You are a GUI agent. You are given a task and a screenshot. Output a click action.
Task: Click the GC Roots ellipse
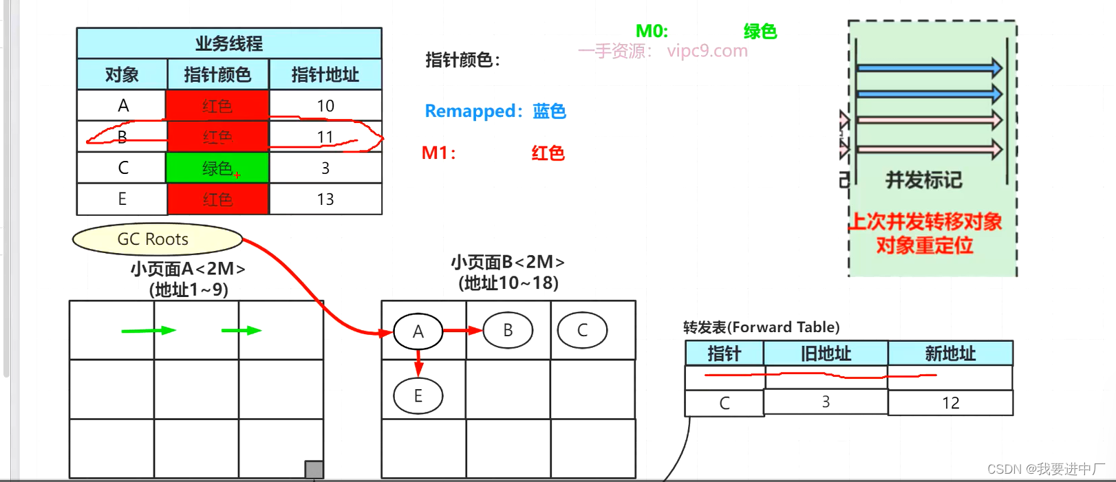pyautogui.click(x=157, y=239)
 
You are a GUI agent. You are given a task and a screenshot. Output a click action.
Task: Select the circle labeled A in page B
pyautogui.click(x=418, y=331)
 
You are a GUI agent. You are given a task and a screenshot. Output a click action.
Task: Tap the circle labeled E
pyautogui.click(x=418, y=396)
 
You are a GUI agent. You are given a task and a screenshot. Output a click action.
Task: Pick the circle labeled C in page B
pyautogui.click(x=582, y=331)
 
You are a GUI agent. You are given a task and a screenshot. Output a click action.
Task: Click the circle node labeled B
pyautogui.click(x=508, y=331)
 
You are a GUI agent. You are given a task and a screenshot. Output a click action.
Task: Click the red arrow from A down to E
pyautogui.click(x=418, y=362)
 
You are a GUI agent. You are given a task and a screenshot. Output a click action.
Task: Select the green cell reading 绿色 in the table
pyautogui.click(x=217, y=168)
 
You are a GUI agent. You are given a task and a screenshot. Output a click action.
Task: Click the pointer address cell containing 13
pyautogui.click(x=325, y=199)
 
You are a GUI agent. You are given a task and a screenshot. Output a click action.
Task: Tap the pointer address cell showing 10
pyautogui.click(x=325, y=106)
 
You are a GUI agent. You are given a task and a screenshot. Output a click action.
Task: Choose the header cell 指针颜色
pyautogui.click(x=217, y=74)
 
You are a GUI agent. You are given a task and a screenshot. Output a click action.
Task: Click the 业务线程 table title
pyautogui.click(x=229, y=43)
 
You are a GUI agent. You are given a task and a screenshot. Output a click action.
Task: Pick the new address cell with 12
pyautogui.click(x=950, y=403)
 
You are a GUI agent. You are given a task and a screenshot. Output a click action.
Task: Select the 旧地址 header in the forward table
pyautogui.click(x=826, y=353)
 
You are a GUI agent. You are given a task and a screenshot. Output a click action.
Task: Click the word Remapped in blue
pyautogui.click(x=469, y=111)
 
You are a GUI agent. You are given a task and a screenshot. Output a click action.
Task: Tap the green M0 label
pyautogui.click(x=652, y=31)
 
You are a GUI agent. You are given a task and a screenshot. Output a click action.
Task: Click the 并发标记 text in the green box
pyautogui.click(x=923, y=180)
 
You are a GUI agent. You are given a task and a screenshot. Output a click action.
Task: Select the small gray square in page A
pyautogui.click(x=314, y=470)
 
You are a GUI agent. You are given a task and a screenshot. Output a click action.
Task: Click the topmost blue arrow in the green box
pyautogui.click(x=929, y=67)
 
